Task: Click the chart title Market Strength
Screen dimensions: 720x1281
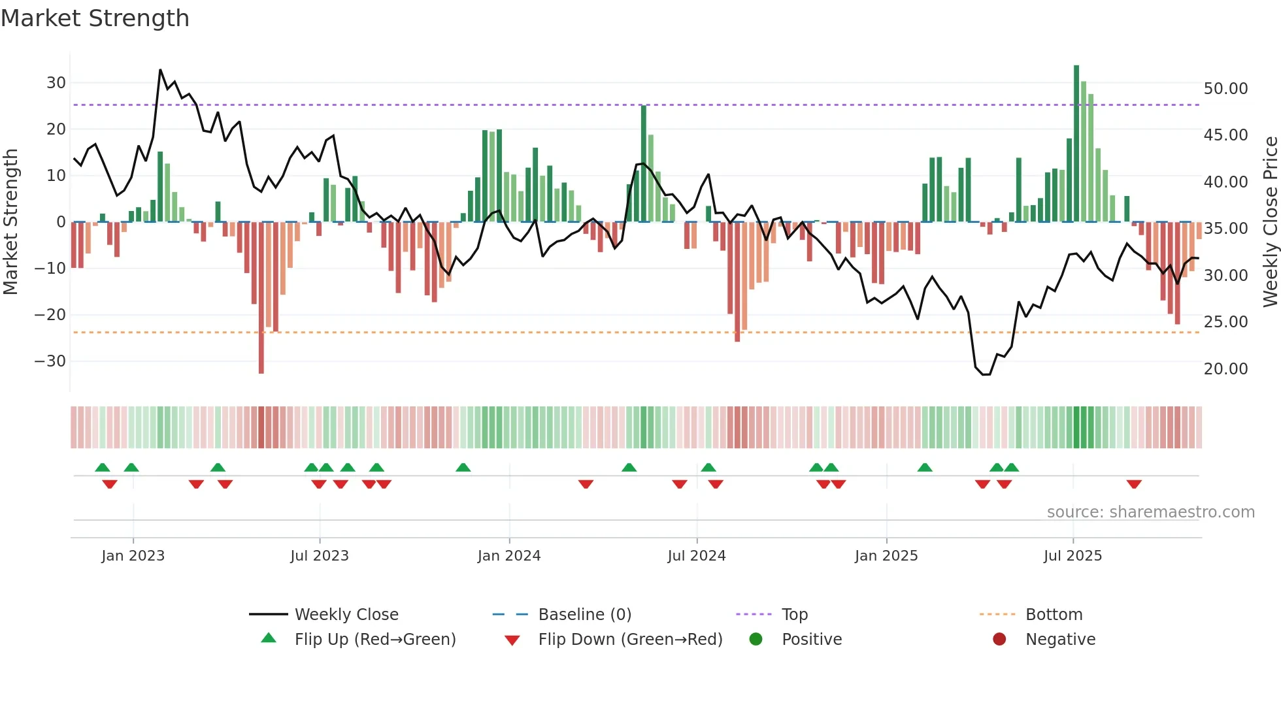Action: pyautogui.click(x=95, y=18)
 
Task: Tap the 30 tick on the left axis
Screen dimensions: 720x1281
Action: pyautogui.click(x=56, y=83)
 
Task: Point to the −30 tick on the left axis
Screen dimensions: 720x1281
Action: pyautogui.click(x=50, y=361)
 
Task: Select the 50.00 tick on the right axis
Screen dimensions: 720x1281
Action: pyautogui.click(x=1225, y=89)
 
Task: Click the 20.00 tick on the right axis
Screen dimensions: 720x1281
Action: pyautogui.click(x=1225, y=369)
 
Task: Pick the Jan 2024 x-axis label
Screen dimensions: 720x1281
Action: pyautogui.click(x=509, y=556)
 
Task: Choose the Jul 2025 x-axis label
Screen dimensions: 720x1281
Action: pyautogui.click(x=1073, y=556)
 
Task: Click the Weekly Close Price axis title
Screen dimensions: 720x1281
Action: pyautogui.click(x=1270, y=222)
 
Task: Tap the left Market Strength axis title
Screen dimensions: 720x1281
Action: pyautogui.click(x=11, y=222)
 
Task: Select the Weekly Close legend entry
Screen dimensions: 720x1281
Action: pyautogui.click(x=346, y=615)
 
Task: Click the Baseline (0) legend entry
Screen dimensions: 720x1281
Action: pyautogui.click(x=584, y=615)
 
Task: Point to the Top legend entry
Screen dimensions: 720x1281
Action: pyautogui.click(x=794, y=615)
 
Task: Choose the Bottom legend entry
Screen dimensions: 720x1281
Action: pyautogui.click(x=1054, y=615)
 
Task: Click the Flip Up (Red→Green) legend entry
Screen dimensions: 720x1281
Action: pyautogui.click(x=374, y=640)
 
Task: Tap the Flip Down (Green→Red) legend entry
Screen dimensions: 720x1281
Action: pyautogui.click(x=630, y=640)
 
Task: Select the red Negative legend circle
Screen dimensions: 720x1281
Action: pyautogui.click(x=999, y=640)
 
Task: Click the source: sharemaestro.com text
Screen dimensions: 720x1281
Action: pyautogui.click(x=1150, y=512)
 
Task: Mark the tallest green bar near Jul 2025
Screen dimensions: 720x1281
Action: pyautogui.click(x=1076, y=144)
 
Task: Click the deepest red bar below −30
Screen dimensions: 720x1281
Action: pyautogui.click(x=261, y=297)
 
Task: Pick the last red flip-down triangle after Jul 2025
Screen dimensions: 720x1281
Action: pyautogui.click(x=1134, y=484)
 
